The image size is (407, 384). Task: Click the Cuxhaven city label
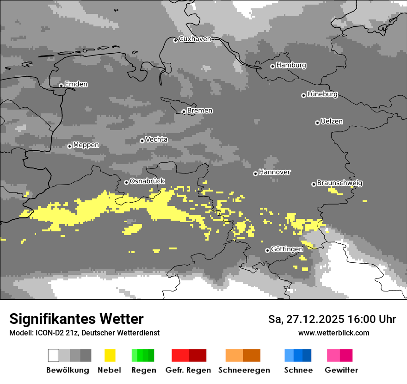point(195,39)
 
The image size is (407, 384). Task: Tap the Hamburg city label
point(291,65)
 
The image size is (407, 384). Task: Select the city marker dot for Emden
point(61,85)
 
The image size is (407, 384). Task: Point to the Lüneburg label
point(322,94)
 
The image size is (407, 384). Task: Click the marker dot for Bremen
point(184,111)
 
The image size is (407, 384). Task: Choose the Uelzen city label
point(332,122)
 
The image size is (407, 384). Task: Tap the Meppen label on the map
point(86,145)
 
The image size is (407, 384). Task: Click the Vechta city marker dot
point(142,141)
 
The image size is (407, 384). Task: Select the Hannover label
point(275,172)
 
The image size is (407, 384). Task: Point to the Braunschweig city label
point(339,183)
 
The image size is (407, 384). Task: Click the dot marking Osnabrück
point(126,182)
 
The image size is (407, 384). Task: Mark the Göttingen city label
point(287,249)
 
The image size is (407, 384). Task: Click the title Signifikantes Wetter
point(76,319)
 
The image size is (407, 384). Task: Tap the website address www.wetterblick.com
point(333,333)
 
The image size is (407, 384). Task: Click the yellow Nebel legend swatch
point(110,355)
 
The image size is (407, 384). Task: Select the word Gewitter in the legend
point(341,370)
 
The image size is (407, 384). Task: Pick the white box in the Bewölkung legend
point(54,355)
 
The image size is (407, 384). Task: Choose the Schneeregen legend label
point(244,370)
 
